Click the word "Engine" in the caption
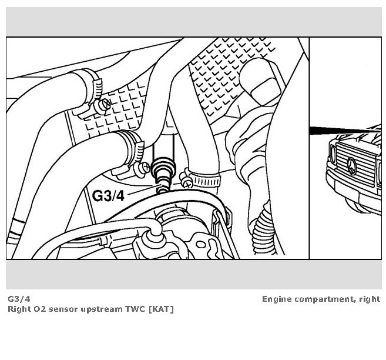tap(277, 299)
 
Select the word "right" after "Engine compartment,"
tap(368, 299)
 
